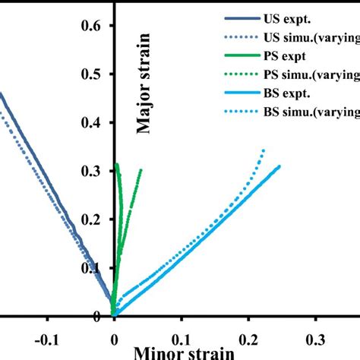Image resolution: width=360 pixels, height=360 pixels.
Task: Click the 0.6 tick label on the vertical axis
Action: tap(92, 27)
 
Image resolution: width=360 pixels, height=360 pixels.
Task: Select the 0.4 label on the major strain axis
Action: tap(92, 123)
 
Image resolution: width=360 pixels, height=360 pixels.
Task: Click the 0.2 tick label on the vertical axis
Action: tap(92, 219)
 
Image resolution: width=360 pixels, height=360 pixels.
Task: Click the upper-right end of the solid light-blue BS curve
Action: tap(279, 166)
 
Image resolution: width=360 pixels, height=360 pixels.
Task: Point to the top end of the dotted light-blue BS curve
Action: tap(264, 150)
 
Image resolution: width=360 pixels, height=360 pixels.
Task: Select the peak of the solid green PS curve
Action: tap(117, 164)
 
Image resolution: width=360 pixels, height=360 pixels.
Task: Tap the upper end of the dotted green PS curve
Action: tap(141, 171)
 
